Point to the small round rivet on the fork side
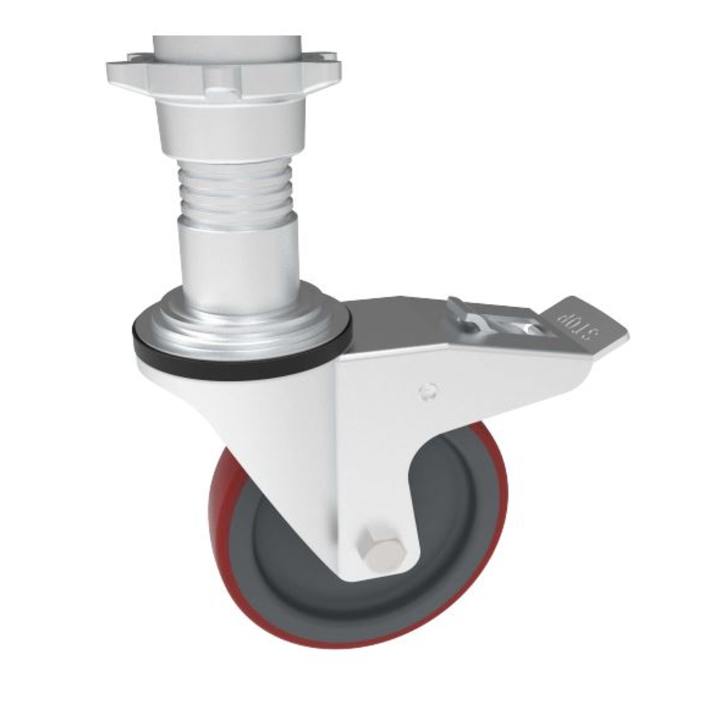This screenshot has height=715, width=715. (x=428, y=391)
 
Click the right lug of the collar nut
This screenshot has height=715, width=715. (x=325, y=68)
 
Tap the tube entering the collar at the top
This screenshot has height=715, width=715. (x=225, y=44)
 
